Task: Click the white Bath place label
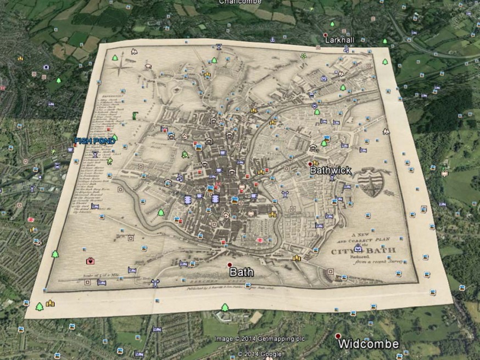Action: point(242,272)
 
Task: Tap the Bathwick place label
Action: point(331,170)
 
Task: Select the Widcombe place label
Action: point(367,345)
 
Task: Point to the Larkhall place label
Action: point(340,40)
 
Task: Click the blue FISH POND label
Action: point(94,141)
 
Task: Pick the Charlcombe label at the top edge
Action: point(241,2)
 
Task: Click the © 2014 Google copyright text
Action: point(260,353)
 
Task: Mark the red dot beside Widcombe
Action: point(338,336)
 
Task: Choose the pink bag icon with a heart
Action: point(90,261)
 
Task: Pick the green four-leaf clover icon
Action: point(303,56)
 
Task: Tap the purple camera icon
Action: point(46,67)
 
